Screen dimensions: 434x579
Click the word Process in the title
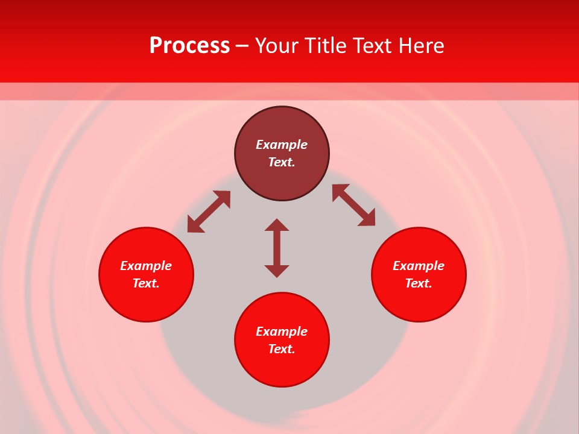(189, 46)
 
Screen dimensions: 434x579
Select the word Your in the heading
(277, 46)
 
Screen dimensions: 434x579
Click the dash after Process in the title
(242, 46)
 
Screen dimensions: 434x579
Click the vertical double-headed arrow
(277, 248)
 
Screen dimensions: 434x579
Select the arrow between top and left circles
(209, 212)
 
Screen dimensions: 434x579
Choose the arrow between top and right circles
(353, 205)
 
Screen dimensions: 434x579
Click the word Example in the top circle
(282, 145)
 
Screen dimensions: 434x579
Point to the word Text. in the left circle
(146, 283)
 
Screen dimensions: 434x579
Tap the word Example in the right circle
(419, 266)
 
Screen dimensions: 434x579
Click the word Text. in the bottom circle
(282, 349)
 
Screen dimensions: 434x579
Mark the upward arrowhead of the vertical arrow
(277, 225)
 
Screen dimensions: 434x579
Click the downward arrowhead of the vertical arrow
(277, 271)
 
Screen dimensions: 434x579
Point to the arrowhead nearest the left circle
(194, 225)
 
